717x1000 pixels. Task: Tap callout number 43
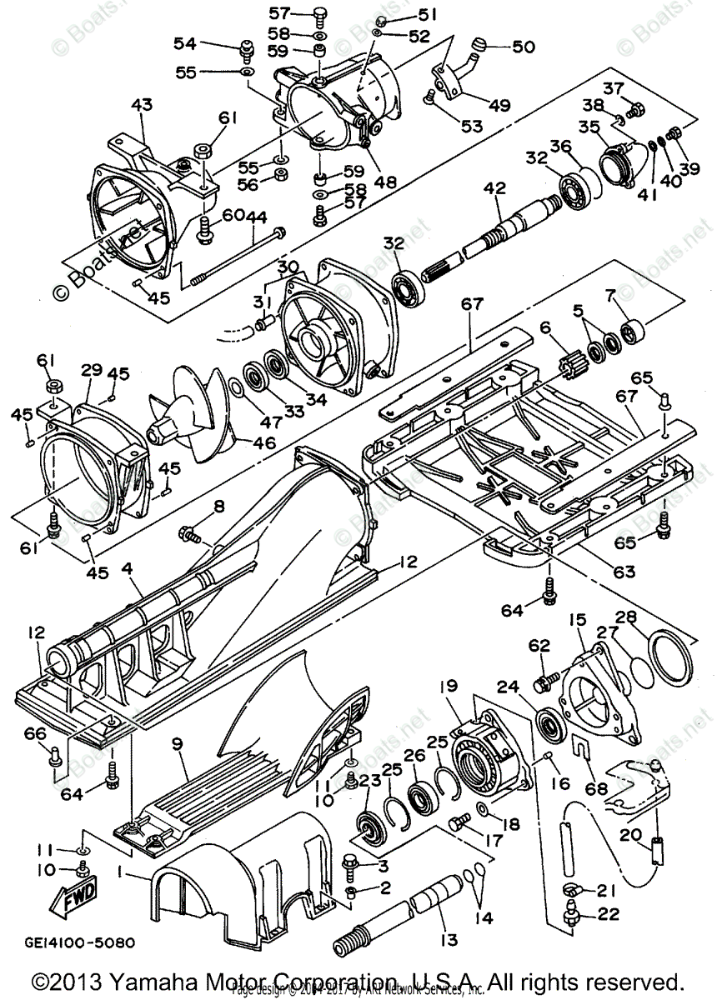point(143,105)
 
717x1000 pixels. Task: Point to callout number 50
point(523,47)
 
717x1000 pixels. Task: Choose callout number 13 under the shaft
point(449,940)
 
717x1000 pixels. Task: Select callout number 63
point(624,572)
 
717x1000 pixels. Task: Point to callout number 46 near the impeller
point(265,442)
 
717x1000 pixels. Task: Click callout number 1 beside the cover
point(123,875)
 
